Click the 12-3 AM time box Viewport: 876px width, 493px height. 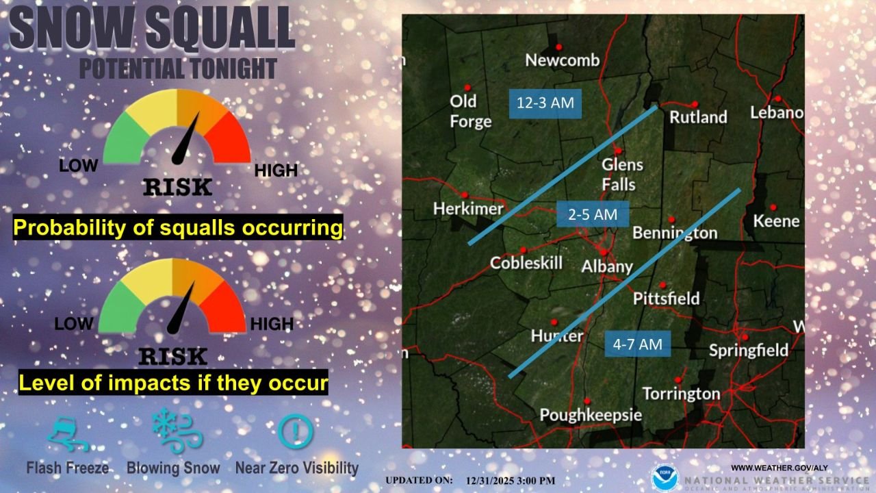[545, 104]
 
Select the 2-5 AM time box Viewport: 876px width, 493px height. [593, 214]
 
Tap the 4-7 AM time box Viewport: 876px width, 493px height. [637, 344]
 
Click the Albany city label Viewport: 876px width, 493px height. [606, 266]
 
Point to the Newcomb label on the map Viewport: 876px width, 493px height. [562, 60]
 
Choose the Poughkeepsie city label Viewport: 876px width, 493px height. [591, 415]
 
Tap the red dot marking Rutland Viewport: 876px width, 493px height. [695, 104]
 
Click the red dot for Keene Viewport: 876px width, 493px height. [773, 207]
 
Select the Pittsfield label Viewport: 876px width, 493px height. [666, 299]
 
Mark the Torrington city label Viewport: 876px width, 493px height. [681, 394]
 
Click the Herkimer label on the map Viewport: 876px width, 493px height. [468, 208]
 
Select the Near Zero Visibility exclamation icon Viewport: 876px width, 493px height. [296, 432]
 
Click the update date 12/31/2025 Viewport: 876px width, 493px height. [491, 481]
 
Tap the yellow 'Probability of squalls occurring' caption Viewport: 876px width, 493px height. [178, 228]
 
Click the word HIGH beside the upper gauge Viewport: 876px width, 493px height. [276, 170]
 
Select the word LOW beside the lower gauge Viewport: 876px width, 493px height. [74, 324]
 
